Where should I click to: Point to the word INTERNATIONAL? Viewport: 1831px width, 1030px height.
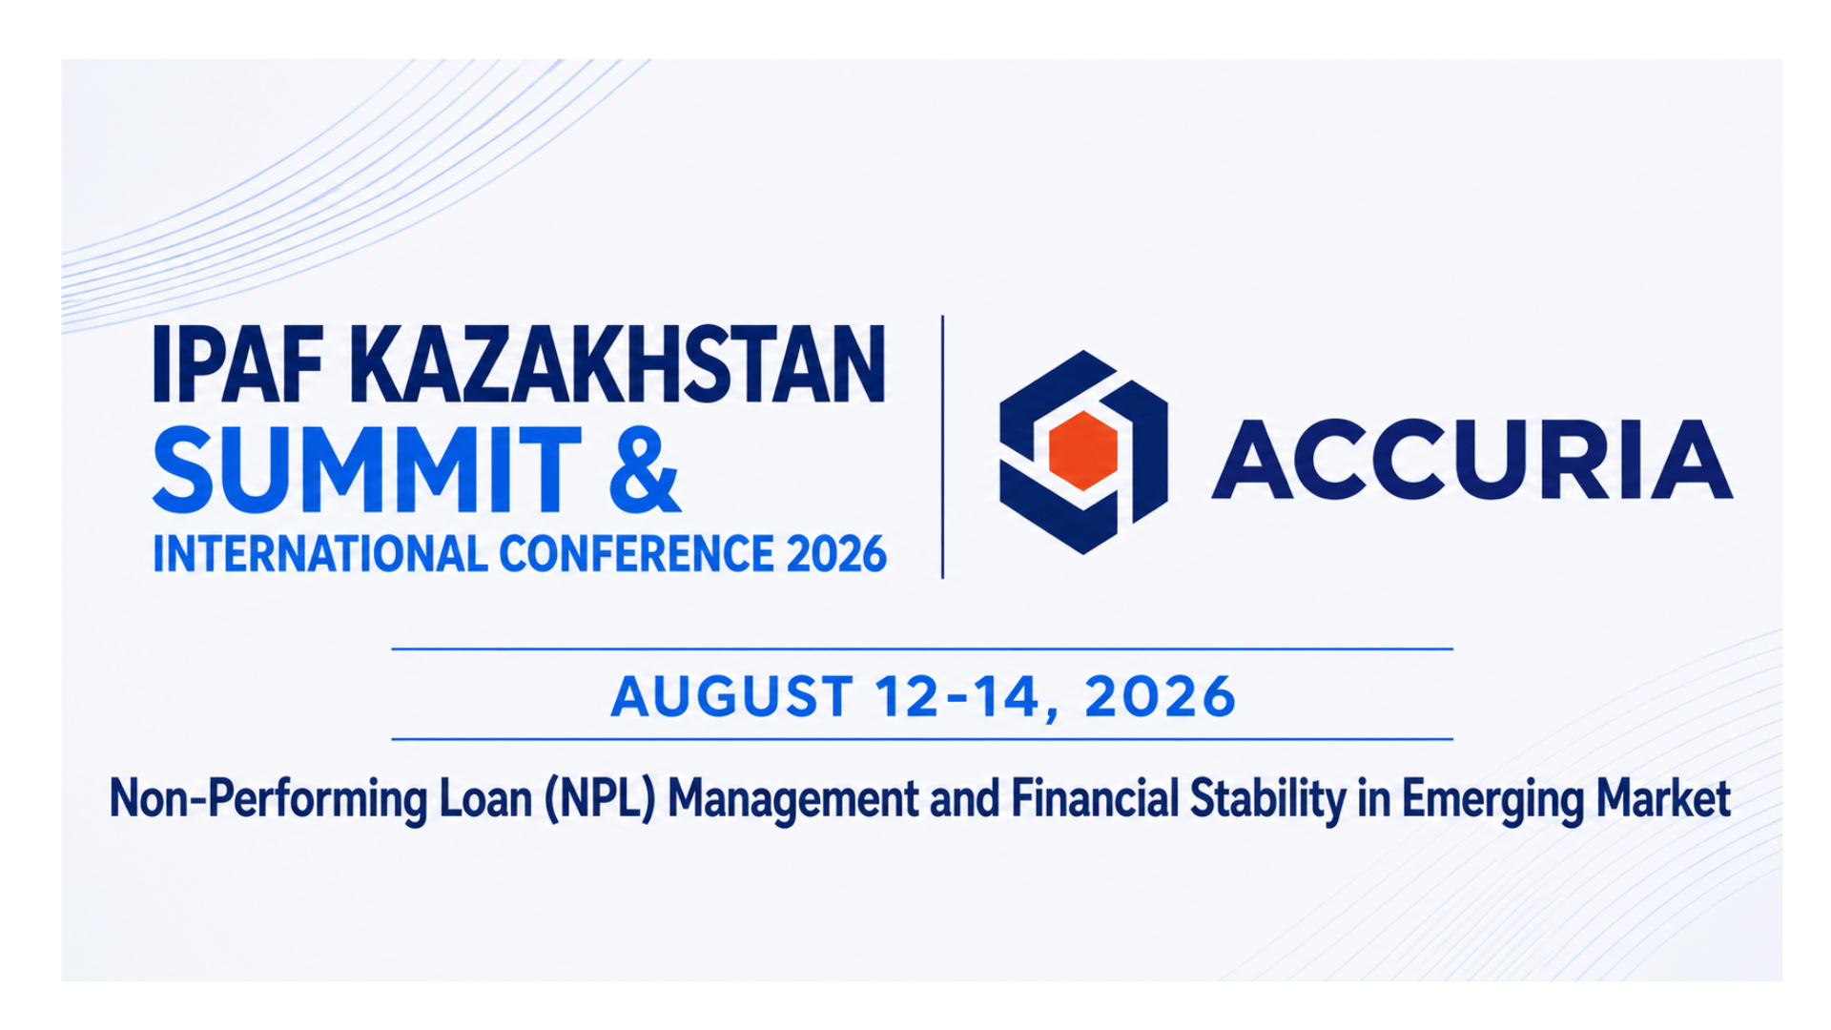319,554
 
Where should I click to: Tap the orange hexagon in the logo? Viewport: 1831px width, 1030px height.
1082,451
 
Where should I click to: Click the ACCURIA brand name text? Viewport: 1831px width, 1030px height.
1471,460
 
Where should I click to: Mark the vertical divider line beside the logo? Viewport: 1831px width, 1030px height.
942,447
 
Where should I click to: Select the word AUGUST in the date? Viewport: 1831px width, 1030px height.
731,696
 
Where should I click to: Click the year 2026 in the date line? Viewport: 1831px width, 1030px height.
1160,696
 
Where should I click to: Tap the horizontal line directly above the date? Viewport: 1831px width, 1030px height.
922,649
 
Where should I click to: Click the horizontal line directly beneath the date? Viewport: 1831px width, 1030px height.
922,739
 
